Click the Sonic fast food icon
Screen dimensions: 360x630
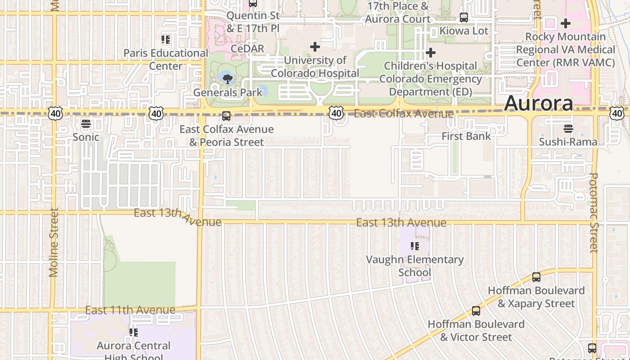85,124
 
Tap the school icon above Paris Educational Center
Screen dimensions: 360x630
166,40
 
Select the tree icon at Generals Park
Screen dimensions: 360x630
228,80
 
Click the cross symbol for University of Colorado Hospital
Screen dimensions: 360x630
315,46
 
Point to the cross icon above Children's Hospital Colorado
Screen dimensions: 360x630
431,53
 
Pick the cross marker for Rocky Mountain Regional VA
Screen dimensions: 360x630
566,23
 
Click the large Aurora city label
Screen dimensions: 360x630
539,103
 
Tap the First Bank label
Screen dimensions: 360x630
466,136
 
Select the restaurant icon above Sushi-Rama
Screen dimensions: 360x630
568,129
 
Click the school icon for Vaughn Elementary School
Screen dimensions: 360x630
414,246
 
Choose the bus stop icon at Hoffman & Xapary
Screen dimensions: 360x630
536,277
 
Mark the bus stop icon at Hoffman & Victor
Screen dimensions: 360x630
476,310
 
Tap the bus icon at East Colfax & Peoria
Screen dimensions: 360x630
226,116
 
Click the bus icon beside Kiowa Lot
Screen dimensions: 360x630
463,18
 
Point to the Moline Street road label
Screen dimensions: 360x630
54,242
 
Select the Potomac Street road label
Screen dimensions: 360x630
594,213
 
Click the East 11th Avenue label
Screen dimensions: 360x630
130,310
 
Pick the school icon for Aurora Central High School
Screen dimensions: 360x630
133,333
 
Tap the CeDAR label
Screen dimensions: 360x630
247,48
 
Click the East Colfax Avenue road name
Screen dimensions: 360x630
404,114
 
